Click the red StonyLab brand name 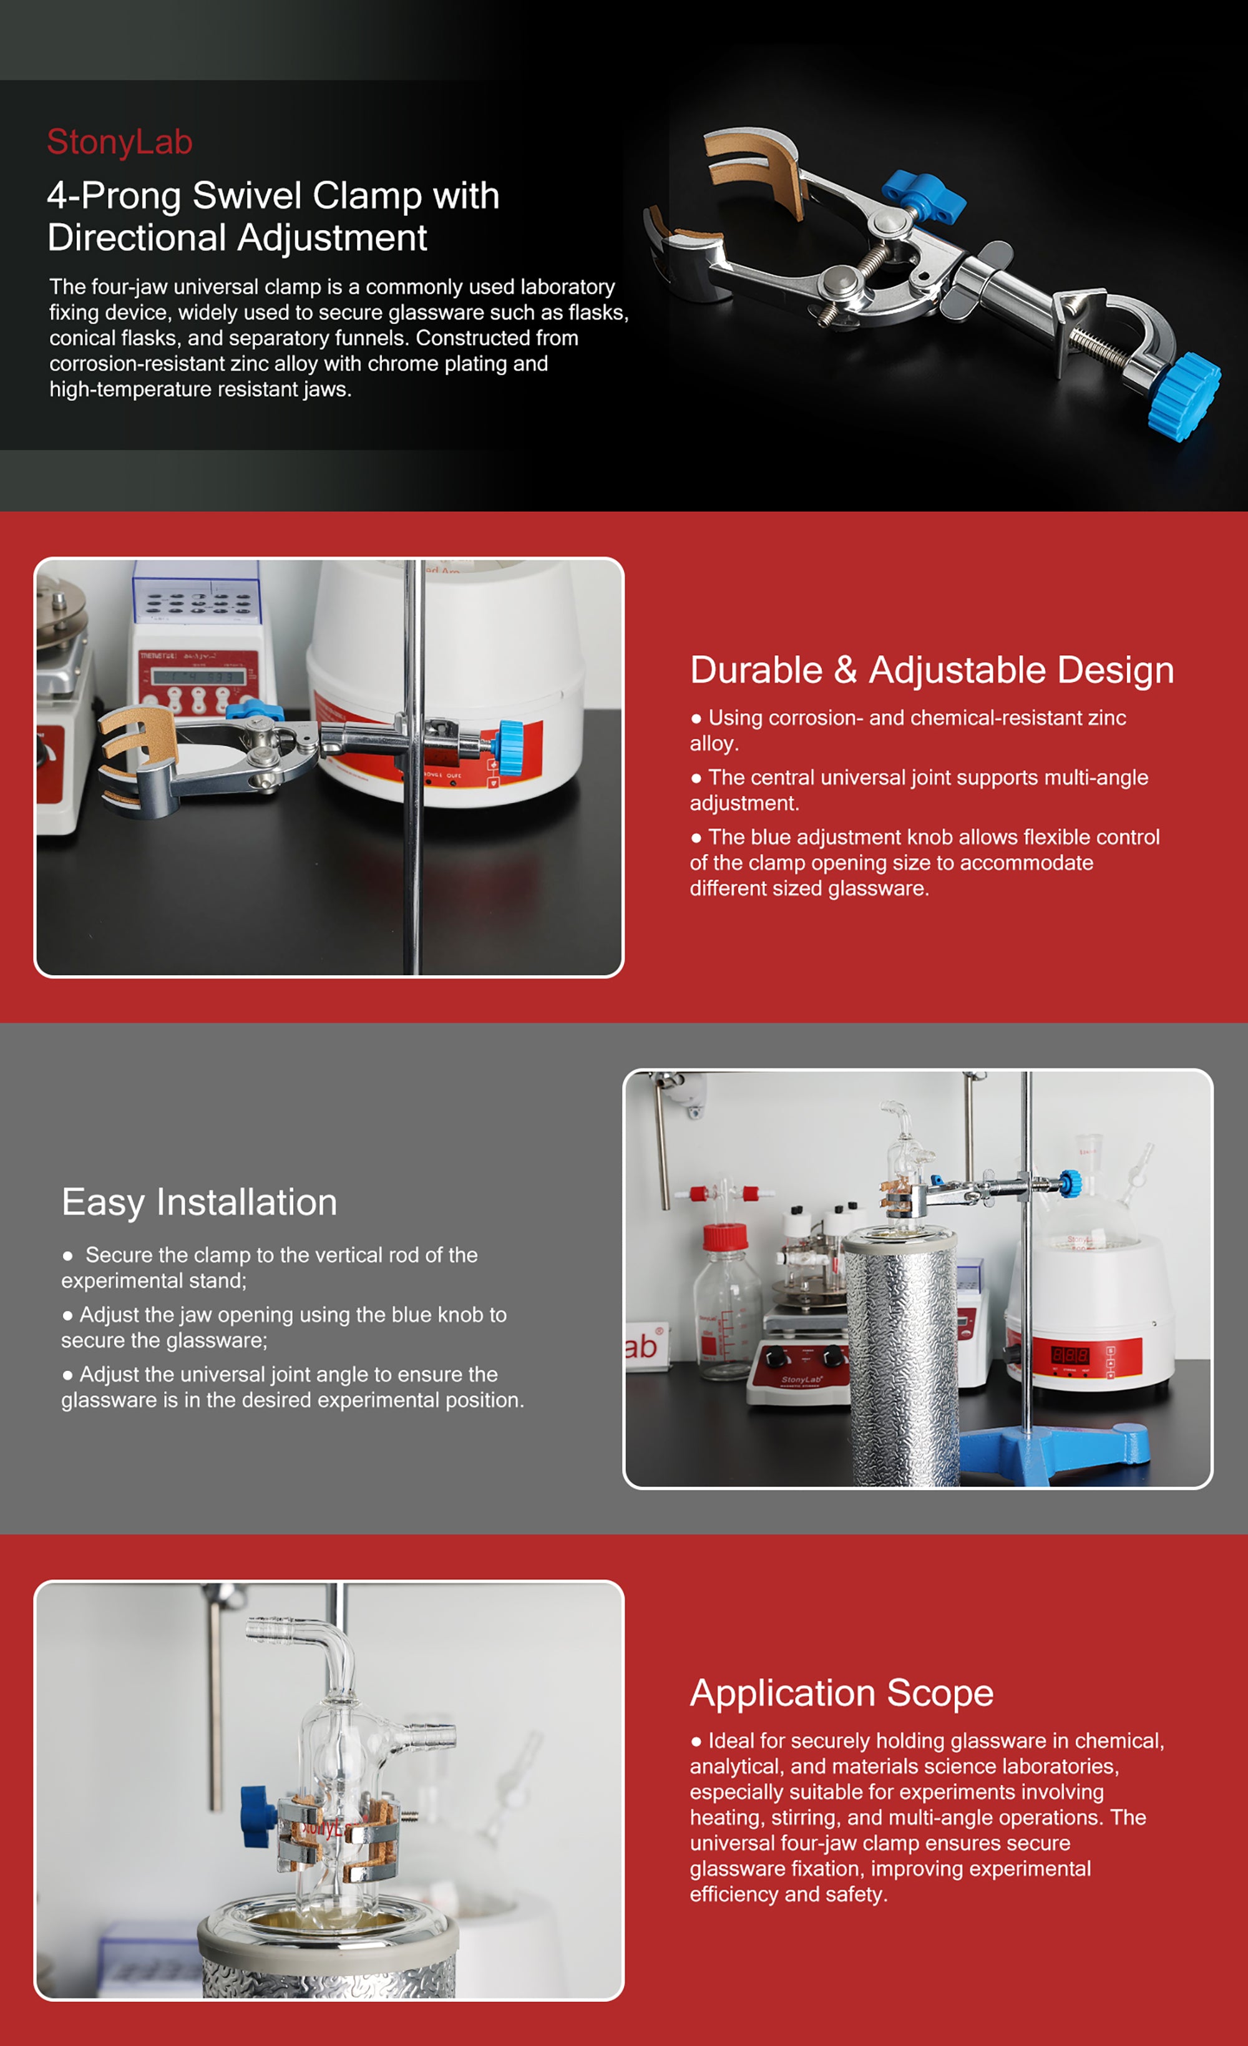[x=120, y=142]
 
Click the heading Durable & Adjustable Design [x=932, y=670]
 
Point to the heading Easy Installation [x=199, y=1202]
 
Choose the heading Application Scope [x=841, y=1693]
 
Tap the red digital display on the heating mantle [x=1070, y=1354]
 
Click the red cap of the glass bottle [x=726, y=1237]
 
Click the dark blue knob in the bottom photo [x=258, y=1816]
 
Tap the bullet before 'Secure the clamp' [x=68, y=1256]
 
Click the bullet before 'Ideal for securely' [x=696, y=1742]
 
